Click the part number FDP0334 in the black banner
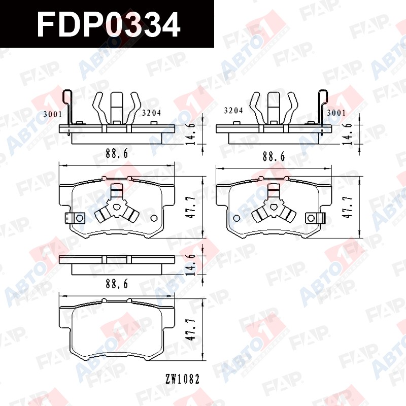tap(108, 25)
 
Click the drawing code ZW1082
tap(183, 379)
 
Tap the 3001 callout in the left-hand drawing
tap(53, 114)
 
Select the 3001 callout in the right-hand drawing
tap(336, 113)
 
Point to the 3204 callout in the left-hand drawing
tap(151, 113)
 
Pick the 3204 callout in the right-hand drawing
tap(233, 111)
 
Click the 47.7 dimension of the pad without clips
tap(191, 329)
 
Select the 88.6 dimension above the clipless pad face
tap(117, 284)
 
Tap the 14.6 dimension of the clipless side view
tap(191, 264)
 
